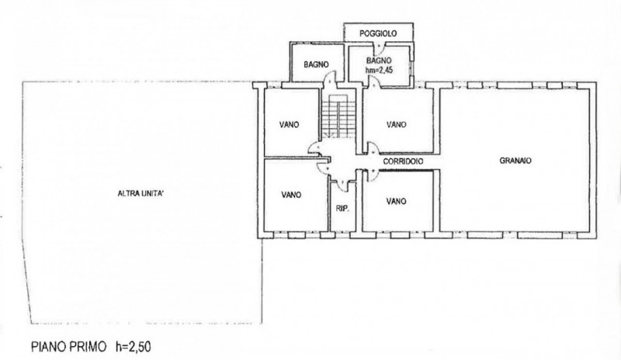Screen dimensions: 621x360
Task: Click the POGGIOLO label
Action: [378, 33]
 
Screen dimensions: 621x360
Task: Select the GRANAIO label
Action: [515, 161]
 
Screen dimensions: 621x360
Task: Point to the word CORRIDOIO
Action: [403, 161]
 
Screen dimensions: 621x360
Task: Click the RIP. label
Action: [342, 208]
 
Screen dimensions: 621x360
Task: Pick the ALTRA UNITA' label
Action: [141, 194]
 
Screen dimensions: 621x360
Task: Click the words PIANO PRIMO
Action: [69, 347]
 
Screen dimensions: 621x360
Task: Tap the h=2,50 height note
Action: [134, 347]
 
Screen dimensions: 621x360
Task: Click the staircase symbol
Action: [338, 117]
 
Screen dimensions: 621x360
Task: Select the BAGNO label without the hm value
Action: [316, 64]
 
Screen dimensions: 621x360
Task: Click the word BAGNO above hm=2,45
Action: [379, 61]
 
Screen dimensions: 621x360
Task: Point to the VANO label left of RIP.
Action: [291, 195]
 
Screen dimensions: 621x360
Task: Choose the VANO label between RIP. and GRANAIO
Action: [396, 202]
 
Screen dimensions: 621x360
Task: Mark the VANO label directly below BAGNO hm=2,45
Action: [397, 125]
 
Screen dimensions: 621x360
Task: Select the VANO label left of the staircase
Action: [290, 125]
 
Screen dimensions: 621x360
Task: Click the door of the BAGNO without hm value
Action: [329, 78]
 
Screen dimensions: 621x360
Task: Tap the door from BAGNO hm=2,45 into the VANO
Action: [373, 81]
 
